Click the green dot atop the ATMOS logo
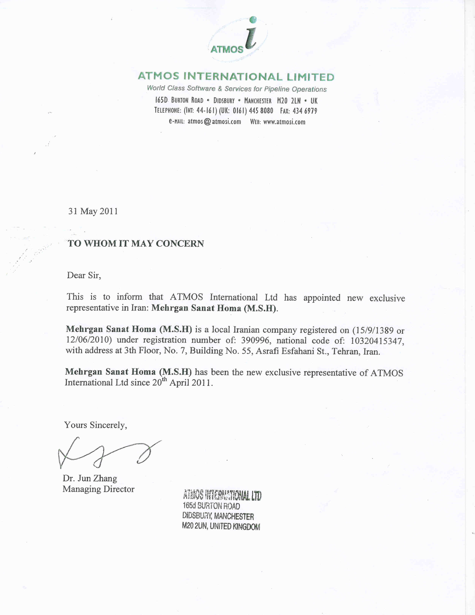(253, 19)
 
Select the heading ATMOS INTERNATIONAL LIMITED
(236, 77)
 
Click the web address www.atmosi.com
(284, 122)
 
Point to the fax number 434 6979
(305, 111)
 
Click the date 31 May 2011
(93, 211)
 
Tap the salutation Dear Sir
(84, 275)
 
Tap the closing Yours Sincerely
(95, 425)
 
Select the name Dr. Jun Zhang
(90, 478)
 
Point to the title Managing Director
(99, 489)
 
